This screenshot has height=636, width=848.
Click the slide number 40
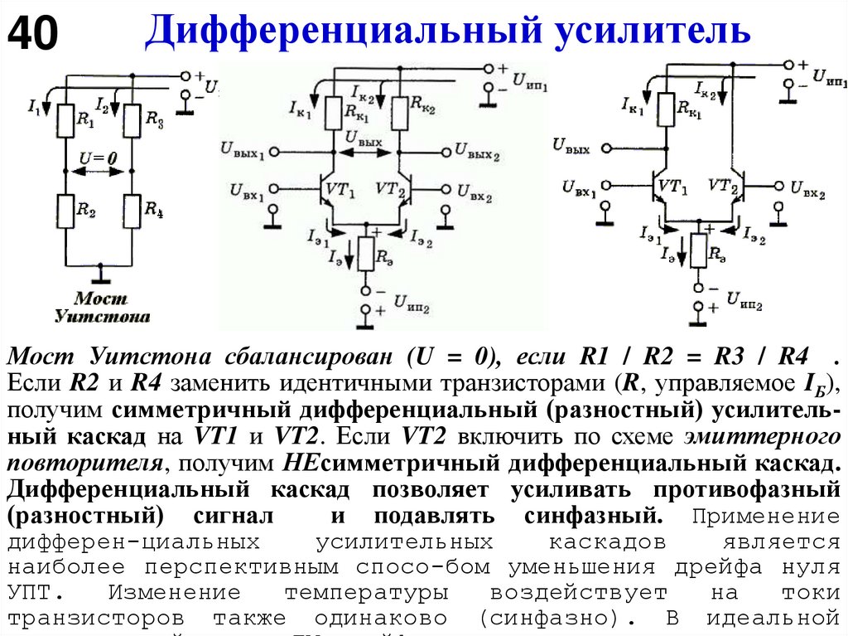(x=33, y=34)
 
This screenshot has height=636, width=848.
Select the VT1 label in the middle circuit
(x=341, y=190)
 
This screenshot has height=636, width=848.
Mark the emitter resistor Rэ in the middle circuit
(x=366, y=256)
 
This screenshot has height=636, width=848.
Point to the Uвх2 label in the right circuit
(x=808, y=187)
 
